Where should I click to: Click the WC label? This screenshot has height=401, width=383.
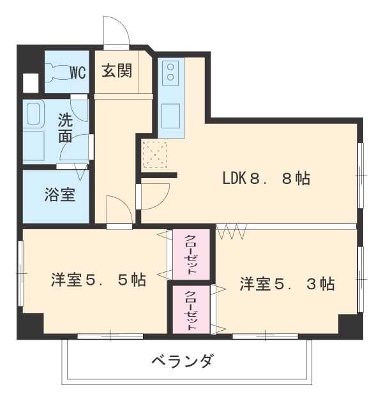78,72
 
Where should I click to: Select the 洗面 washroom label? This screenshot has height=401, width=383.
65,127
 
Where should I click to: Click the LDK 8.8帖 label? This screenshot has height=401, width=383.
266,179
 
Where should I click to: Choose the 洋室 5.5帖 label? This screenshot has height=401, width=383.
98,279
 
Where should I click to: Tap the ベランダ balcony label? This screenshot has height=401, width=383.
183,361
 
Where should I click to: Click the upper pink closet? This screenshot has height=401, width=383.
191,253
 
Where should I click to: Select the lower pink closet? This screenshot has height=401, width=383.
191,309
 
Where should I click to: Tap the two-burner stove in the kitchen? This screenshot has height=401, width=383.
170,73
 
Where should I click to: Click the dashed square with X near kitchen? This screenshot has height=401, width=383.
154,154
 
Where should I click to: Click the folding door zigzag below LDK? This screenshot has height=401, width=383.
231,231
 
